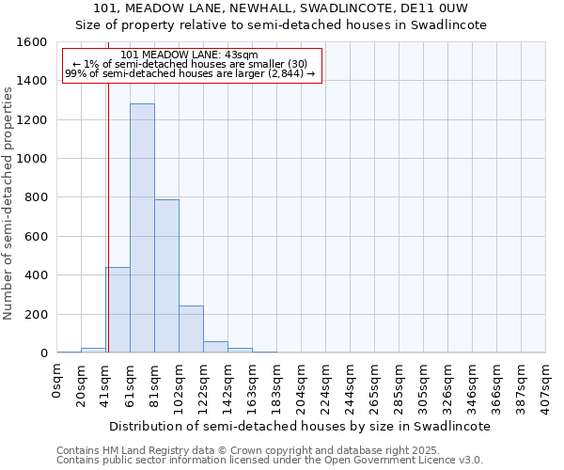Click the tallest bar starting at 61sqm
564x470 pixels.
[142, 228]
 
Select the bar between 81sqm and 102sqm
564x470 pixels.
[166, 276]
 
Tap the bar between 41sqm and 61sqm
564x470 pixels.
[117, 310]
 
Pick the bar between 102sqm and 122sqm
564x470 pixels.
[191, 329]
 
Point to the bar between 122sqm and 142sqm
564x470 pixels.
[215, 347]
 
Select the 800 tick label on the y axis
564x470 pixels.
[35, 197]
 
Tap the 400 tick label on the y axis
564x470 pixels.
[35, 275]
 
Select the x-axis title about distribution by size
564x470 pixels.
[301, 426]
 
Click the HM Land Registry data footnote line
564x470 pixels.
[255, 450]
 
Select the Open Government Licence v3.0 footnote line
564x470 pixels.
[270, 460]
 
